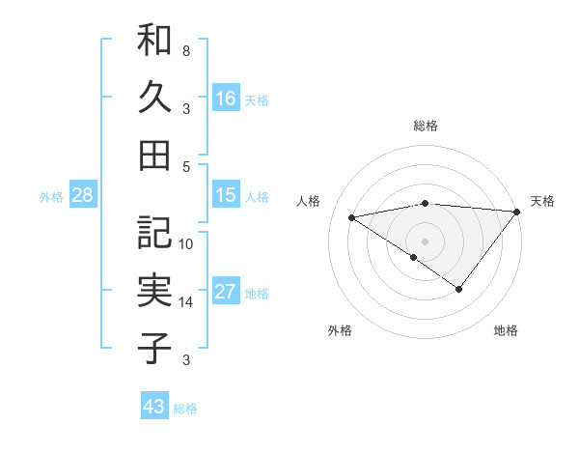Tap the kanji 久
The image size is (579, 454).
(x=154, y=98)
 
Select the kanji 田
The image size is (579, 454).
(x=154, y=154)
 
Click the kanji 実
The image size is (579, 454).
(x=154, y=291)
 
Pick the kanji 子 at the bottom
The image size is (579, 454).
(x=154, y=348)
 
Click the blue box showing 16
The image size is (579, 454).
(x=226, y=99)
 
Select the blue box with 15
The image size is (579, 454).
(x=226, y=195)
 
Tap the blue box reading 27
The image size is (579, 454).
(x=226, y=292)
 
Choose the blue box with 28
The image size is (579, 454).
(x=82, y=195)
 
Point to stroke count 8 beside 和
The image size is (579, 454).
(x=186, y=50)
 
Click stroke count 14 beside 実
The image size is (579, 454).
(x=186, y=302)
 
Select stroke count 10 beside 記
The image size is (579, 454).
(x=186, y=244)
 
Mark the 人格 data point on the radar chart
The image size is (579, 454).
(x=352, y=216)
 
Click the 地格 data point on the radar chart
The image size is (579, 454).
(x=459, y=289)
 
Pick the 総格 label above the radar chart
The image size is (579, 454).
(x=426, y=126)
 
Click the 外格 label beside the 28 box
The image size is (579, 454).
(x=51, y=197)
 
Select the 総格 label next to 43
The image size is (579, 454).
(x=185, y=409)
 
